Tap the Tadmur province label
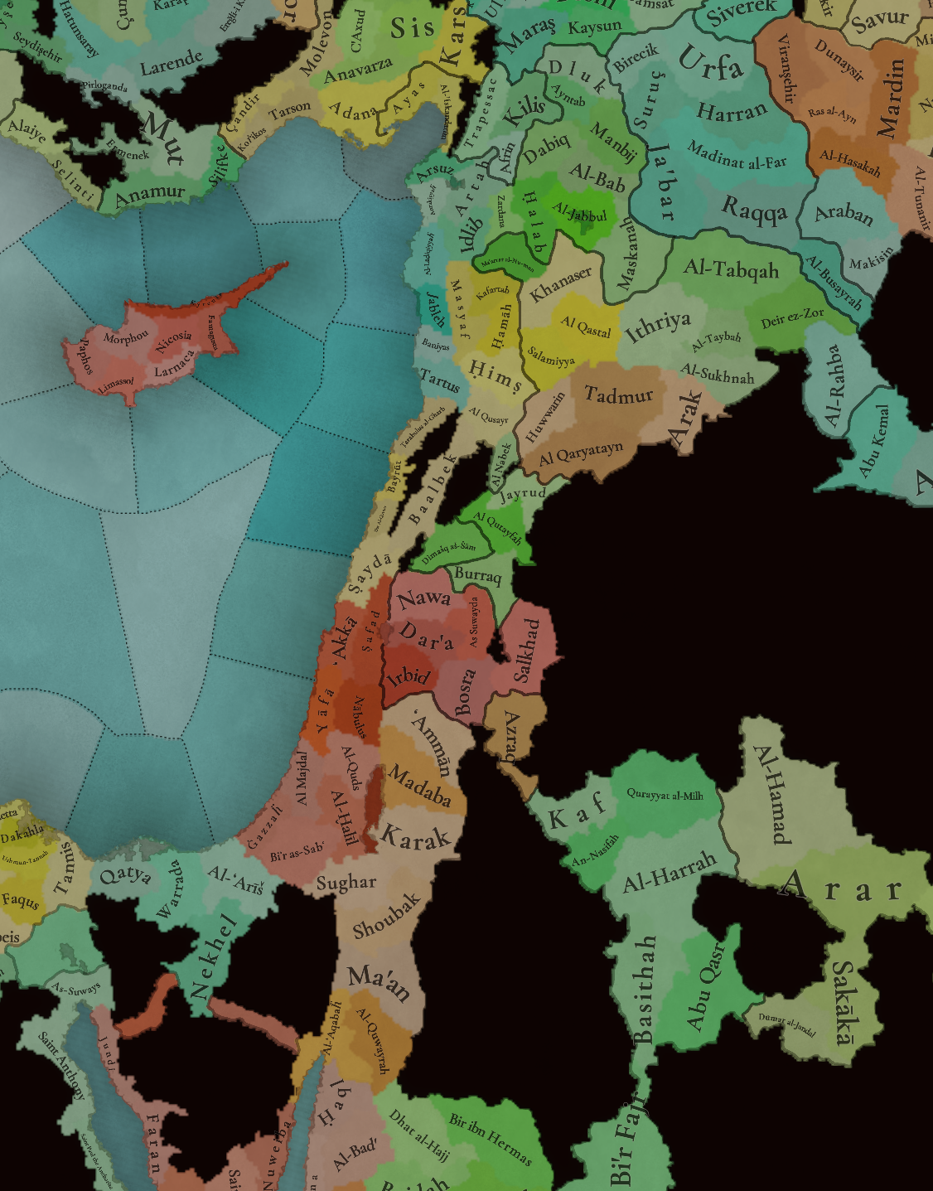click(x=619, y=395)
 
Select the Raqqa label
click(x=754, y=210)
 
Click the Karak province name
click(x=415, y=837)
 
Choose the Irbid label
click(x=408, y=678)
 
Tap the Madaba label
click(x=419, y=787)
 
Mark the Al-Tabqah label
click(x=731, y=269)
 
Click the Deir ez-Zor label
click(x=792, y=317)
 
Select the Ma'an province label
click(x=379, y=982)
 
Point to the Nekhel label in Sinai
click(x=213, y=957)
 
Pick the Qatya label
click(x=125, y=875)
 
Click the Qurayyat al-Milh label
click(x=665, y=795)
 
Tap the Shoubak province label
click(x=386, y=916)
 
